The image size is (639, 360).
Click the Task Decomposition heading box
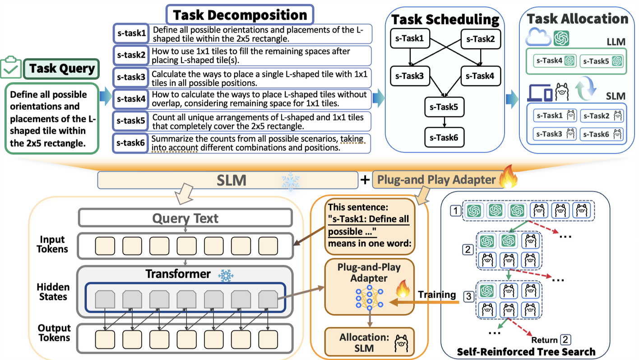tap(240, 15)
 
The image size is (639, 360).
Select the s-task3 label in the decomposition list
tap(131, 77)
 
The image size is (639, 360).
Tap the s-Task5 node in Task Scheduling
tap(444, 107)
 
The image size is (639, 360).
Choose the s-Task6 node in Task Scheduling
tap(444, 138)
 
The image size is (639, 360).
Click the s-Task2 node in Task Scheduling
tap(481, 39)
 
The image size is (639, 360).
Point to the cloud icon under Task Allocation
tap(538, 37)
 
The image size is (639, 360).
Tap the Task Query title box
tap(62, 69)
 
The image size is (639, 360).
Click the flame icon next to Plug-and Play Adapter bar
tap(508, 177)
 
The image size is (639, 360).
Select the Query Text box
tap(185, 218)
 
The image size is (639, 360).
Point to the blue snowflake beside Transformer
tap(226, 275)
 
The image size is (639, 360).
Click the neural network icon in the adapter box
tap(370, 298)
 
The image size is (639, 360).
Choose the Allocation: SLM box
tap(370, 342)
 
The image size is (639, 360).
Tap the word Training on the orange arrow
tap(437, 295)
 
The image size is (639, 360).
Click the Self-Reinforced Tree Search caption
tap(526, 352)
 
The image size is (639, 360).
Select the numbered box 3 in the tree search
tap(468, 296)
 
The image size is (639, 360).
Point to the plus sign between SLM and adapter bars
tap(365, 180)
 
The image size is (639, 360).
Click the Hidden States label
tap(53, 291)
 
